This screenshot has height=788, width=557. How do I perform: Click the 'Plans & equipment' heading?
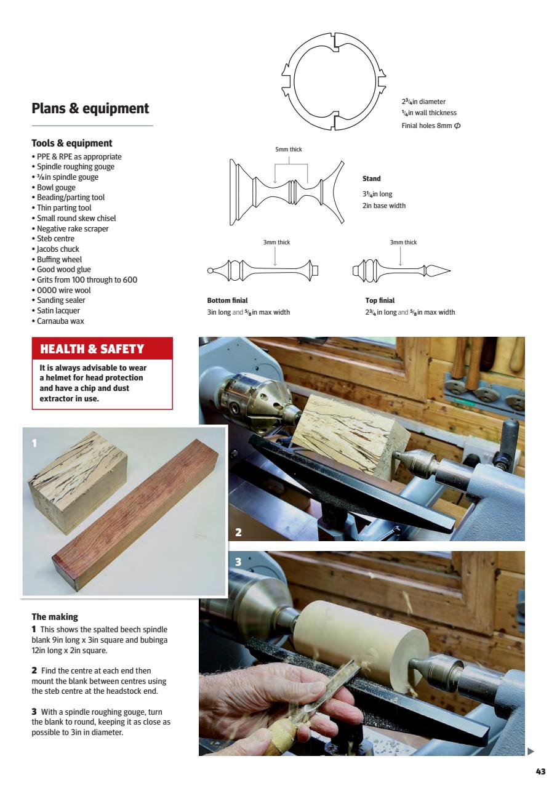click(x=90, y=108)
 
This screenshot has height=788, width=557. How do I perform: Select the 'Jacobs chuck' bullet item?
click(x=55, y=249)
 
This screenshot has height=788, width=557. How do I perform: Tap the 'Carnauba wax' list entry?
click(x=60, y=321)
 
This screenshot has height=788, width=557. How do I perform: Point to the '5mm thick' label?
click(x=288, y=150)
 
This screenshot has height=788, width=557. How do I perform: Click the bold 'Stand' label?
click(x=371, y=179)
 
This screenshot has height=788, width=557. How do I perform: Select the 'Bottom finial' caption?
click(x=227, y=300)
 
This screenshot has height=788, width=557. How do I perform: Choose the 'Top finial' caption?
click(x=380, y=300)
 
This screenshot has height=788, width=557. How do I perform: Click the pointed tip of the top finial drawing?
click(x=449, y=270)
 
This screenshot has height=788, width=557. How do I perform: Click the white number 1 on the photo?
click(x=34, y=443)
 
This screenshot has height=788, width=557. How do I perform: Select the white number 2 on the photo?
click(x=238, y=533)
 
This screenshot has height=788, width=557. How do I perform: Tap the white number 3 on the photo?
click(x=238, y=562)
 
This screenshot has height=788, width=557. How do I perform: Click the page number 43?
click(x=540, y=772)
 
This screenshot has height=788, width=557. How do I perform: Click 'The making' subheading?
click(x=55, y=616)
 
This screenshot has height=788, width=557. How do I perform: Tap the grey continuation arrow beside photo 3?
click(x=531, y=751)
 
